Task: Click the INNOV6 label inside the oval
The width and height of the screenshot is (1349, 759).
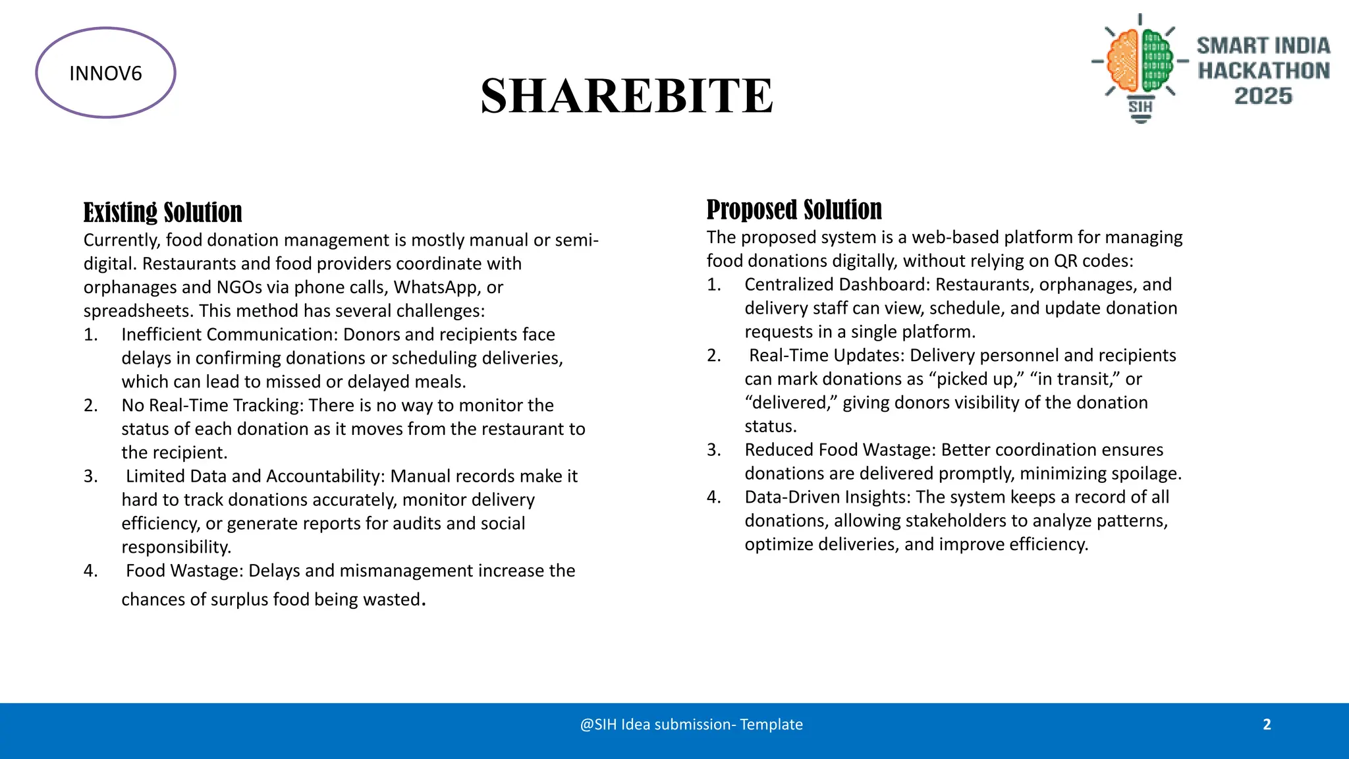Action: coord(105,73)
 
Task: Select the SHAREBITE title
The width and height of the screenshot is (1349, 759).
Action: coord(626,96)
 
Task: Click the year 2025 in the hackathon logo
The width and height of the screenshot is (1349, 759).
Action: coord(1263,96)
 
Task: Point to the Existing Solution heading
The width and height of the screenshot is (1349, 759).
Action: coord(163,213)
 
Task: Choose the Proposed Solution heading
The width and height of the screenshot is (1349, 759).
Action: coord(794,210)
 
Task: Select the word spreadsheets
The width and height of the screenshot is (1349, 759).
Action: coord(138,311)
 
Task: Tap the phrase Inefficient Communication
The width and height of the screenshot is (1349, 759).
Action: coord(229,335)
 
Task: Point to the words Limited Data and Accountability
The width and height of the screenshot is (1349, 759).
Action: coord(256,476)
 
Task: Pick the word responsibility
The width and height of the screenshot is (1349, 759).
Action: coord(176,547)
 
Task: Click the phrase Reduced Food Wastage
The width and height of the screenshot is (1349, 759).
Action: coord(840,450)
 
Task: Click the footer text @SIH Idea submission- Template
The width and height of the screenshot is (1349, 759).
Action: coord(691,725)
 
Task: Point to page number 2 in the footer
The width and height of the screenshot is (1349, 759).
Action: coord(1267,725)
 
